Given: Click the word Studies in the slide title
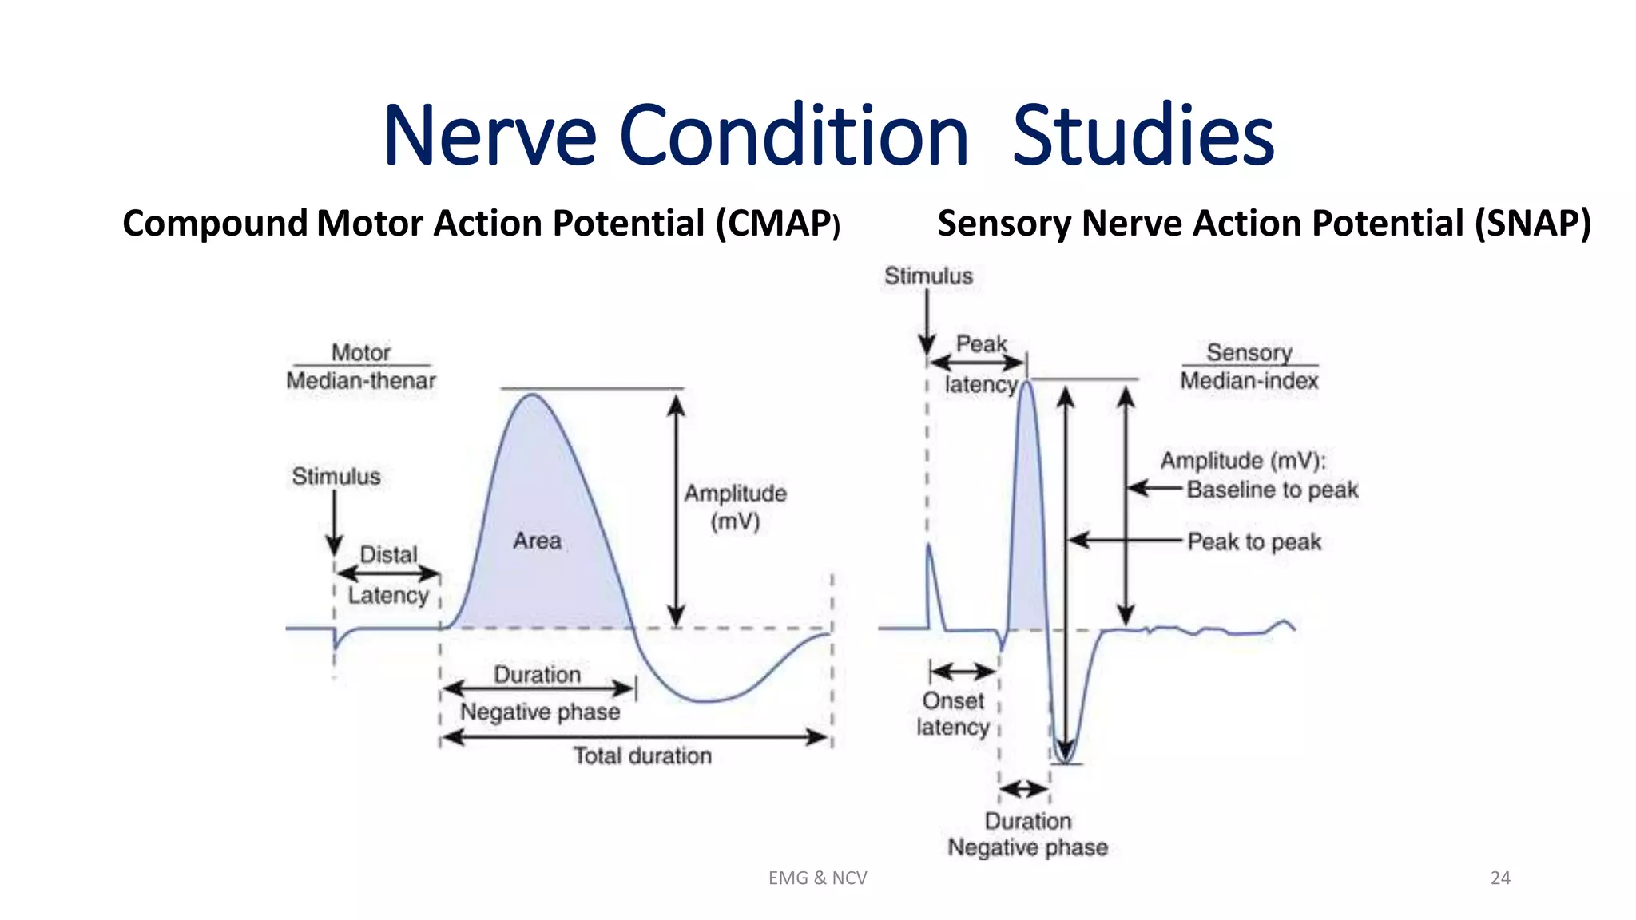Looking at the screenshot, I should click(x=1142, y=136).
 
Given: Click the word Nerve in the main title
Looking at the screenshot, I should click(x=489, y=136).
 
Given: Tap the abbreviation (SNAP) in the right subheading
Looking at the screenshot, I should click(x=1532, y=223).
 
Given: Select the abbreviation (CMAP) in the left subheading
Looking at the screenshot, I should click(x=776, y=224).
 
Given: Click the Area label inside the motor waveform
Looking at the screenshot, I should click(x=537, y=541).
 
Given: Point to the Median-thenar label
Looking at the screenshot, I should click(x=361, y=380).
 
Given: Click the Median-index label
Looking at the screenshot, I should click(x=1249, y=380).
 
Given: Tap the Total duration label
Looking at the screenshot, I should click(x=642, y=755).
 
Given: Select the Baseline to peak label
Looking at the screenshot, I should click(x=1272, y=490).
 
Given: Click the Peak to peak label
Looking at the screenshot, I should click(x=1254, y=542).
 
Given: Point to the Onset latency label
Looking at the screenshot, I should click(x=952, y=714).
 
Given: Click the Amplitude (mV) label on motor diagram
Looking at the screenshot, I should click(x=735, y=507).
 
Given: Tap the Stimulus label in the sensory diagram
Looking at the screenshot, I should click(x=928, y=276).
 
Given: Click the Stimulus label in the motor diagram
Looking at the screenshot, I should click(x=336, y=477).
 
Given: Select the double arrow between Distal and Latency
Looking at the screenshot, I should click(x=388, y=573).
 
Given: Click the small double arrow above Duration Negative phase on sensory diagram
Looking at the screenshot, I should click(x=1024, y=789).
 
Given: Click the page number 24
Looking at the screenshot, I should click(x=1500, y=878).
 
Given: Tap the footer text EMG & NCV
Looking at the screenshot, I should click(x=817, y=878).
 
